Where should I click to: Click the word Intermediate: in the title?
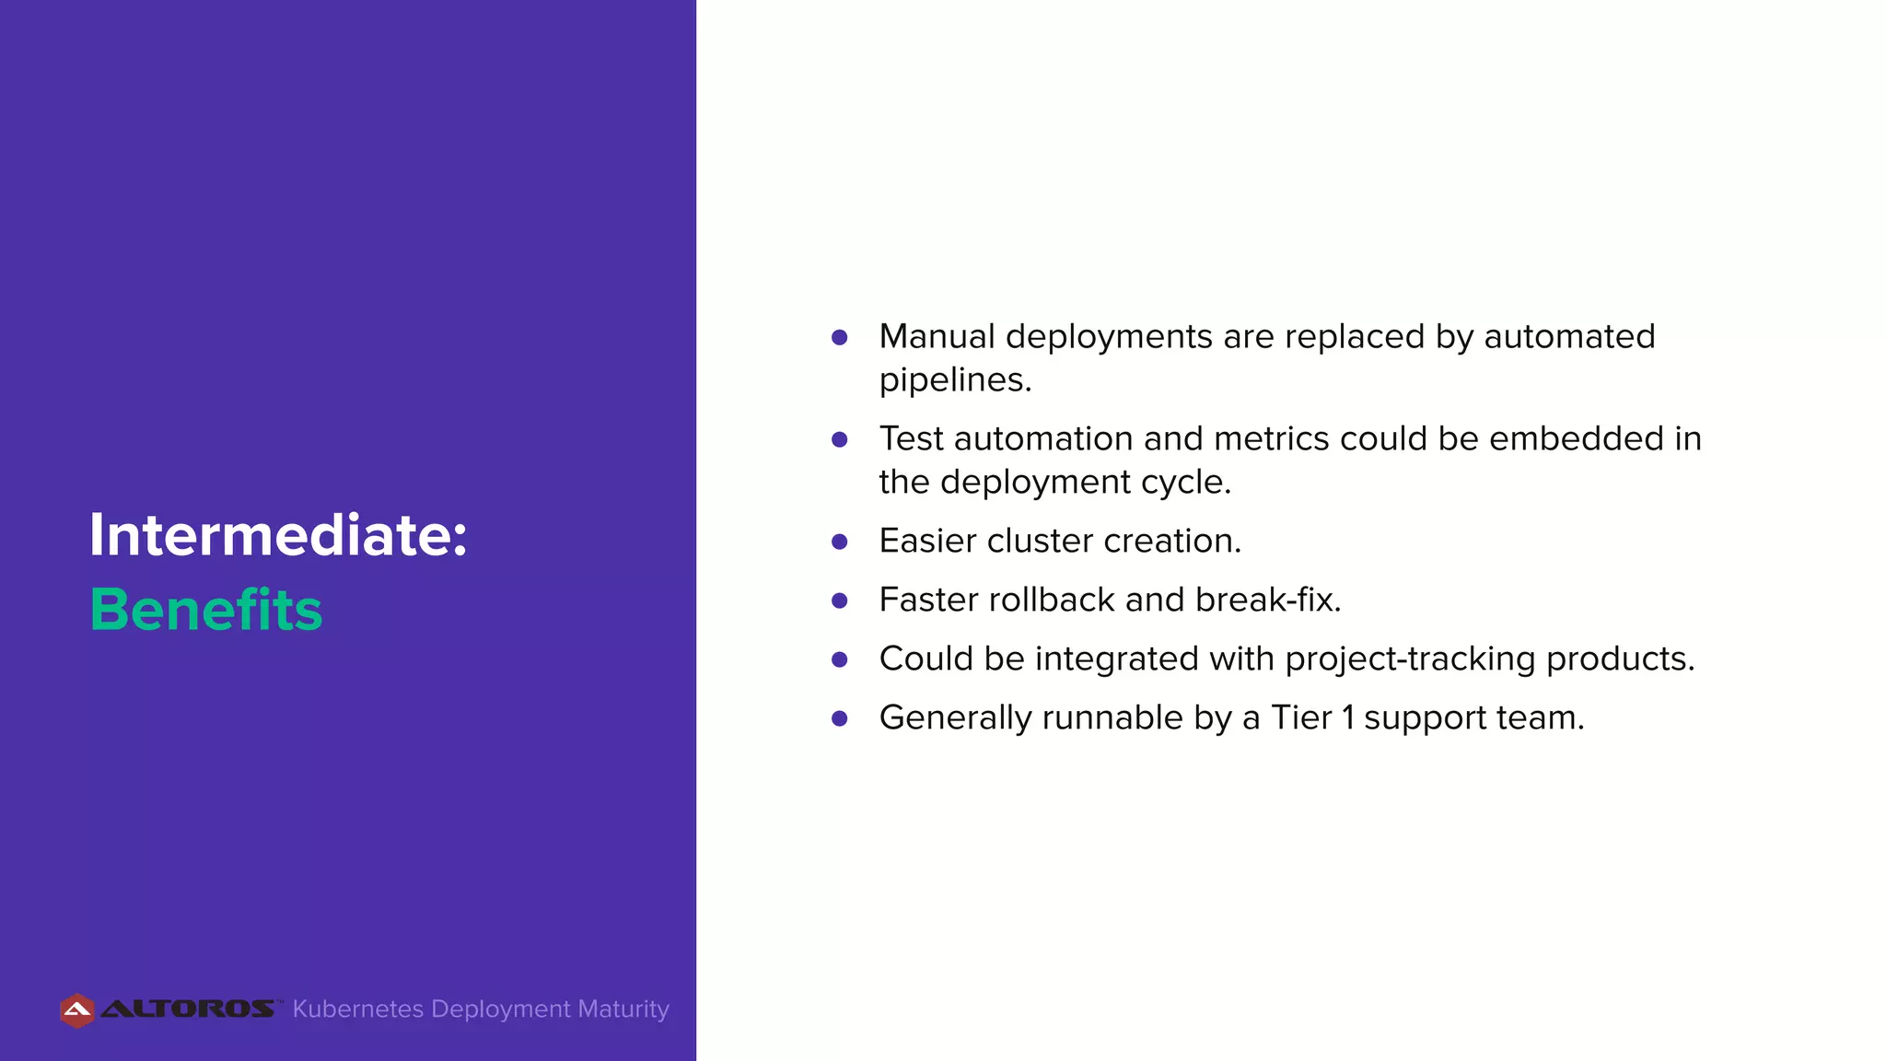tap(278, 535)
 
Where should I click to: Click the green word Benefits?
tap(206, 610)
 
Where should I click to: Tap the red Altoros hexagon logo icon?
tap(77, 1010)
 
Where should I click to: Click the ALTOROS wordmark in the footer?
tap(187, 1009)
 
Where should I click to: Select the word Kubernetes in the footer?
tap(357, 1009)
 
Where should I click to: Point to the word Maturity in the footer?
tap(623, 1009)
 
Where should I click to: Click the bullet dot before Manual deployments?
tap(839, 338)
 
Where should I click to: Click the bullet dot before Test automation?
tap(839, 440)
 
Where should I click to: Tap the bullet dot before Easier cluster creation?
tap(839, 542)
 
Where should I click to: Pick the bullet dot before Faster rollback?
tap(839, 600)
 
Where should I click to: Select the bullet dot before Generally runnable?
tap(839, 718)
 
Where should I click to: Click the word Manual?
tap(937, 336)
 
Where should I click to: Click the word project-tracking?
tap(1410, 659)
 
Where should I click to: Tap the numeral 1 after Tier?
tap(1348, 717)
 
